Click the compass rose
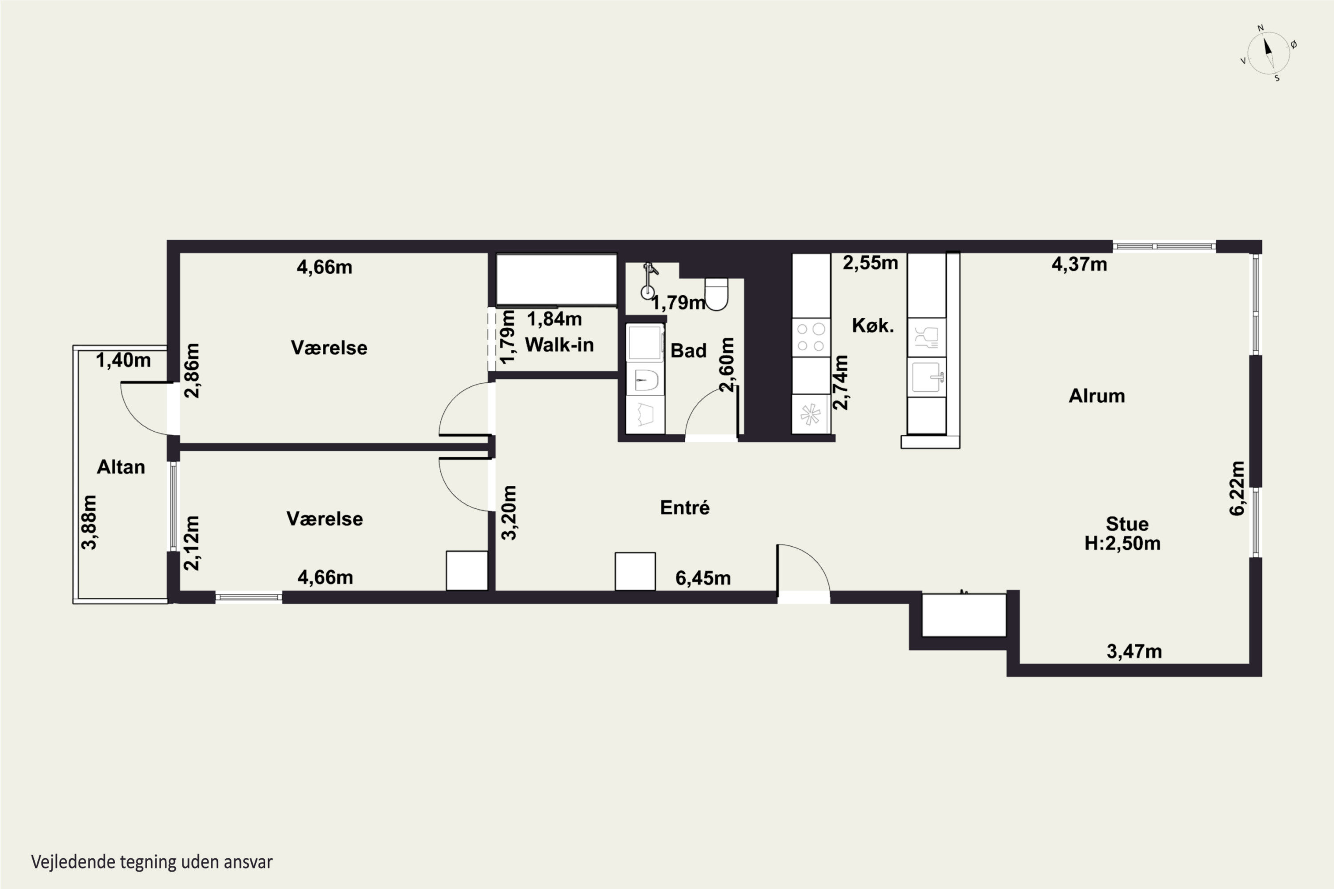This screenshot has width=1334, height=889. [x=1269, y=53]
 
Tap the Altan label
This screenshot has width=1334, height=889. [x=121, y=467]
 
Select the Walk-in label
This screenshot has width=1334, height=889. [x=559, y=345]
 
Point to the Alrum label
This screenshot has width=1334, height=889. [x=1097, y=395]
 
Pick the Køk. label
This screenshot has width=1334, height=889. [x=873, y=325]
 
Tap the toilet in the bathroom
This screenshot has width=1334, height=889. [x=716, y=294]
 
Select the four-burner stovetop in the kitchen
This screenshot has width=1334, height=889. [x=811, y=337]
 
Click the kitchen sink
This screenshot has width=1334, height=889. [x=927, y=377]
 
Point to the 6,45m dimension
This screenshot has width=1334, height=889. [x=703, y=578]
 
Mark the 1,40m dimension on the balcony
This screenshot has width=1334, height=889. [x=123, y=360]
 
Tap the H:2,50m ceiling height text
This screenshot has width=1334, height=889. [x=1122, y=543]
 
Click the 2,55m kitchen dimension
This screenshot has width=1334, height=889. [x=871, y=263]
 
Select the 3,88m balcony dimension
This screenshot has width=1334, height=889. [x=89, y=522]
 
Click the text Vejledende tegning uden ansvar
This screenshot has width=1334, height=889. [x=152, y=862]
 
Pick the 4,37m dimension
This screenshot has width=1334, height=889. [x=1079, y=264]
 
